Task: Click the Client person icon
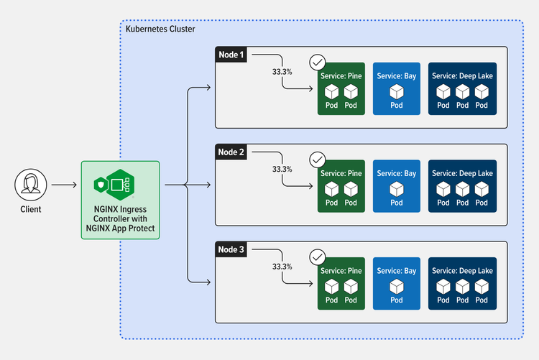(30, 185)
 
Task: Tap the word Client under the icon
(30, 210)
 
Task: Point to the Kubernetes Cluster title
(160, 29)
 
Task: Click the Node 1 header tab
(231, 55)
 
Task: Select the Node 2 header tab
(231, 152)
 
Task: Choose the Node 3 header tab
(231, 249)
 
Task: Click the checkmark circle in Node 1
(317, 63)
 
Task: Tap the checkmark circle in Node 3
(317, 257)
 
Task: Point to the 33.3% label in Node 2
(282, 170)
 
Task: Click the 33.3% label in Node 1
(282, 72)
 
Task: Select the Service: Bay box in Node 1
(397, 89)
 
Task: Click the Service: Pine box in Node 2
(341, 187)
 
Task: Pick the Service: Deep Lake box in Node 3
(462, 284)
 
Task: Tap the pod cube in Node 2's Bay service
(397, 189)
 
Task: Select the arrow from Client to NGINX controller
(64, 185)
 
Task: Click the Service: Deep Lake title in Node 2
(462, 173)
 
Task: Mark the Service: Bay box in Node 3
(397, 284)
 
